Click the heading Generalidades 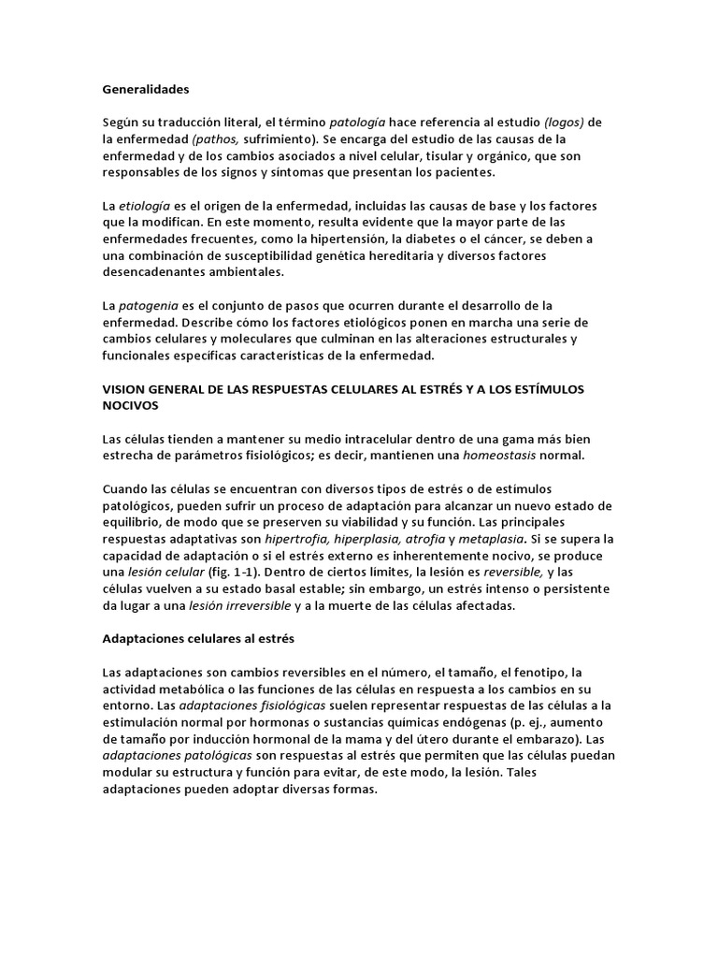145,90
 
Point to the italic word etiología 141,205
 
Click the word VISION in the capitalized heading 124,389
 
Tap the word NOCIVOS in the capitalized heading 133,406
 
